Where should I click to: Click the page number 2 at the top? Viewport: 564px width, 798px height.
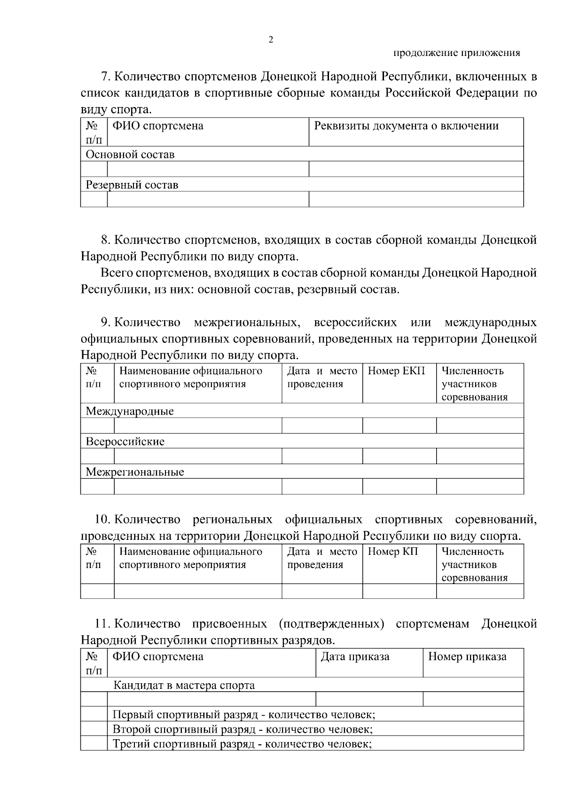[x=270, y=40]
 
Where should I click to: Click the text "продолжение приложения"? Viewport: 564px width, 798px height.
[x=456, y=53]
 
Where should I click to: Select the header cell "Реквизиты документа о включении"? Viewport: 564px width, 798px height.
[x=406, y=126]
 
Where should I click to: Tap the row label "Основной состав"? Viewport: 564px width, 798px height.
[x=130, y=155]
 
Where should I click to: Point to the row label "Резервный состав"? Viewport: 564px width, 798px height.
[x=132, y=185]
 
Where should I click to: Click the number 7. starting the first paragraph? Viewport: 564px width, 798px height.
[x=106, y=77]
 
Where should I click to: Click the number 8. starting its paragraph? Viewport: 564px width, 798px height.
[x=106, y=240]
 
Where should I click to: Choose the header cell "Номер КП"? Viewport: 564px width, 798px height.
[x=392, y=552]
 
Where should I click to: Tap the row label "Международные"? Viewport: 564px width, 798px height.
[x=129, y=411]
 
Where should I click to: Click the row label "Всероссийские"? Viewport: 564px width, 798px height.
[x=125, y=442]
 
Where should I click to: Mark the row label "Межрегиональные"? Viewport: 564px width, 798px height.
[x=134, y=472]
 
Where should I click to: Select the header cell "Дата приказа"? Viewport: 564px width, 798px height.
[x=355, y=657]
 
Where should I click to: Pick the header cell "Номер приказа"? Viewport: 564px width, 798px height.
[x=467, y=657]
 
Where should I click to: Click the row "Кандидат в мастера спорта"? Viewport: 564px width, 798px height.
[x=184, y=686]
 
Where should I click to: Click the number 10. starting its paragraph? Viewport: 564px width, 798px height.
[x=103, y=520]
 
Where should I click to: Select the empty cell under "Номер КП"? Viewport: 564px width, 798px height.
[x=399, y=591]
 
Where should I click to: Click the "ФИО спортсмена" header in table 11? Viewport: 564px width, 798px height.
[x=158, y=657]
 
